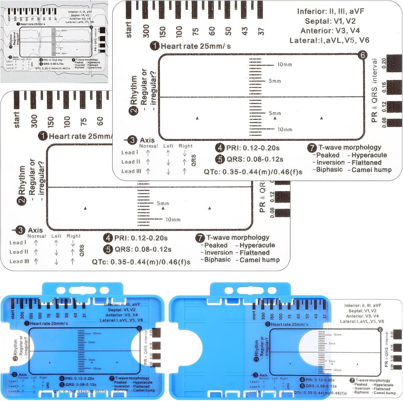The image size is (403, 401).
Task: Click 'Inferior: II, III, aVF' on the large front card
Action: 330,11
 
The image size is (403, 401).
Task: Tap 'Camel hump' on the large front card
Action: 371,170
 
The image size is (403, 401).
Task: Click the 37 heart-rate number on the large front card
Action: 262,31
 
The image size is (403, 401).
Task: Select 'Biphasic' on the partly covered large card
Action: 218,259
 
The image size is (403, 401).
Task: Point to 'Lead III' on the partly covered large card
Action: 19,261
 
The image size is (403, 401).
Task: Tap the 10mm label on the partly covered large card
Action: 173,220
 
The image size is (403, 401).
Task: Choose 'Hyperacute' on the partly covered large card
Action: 257,245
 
